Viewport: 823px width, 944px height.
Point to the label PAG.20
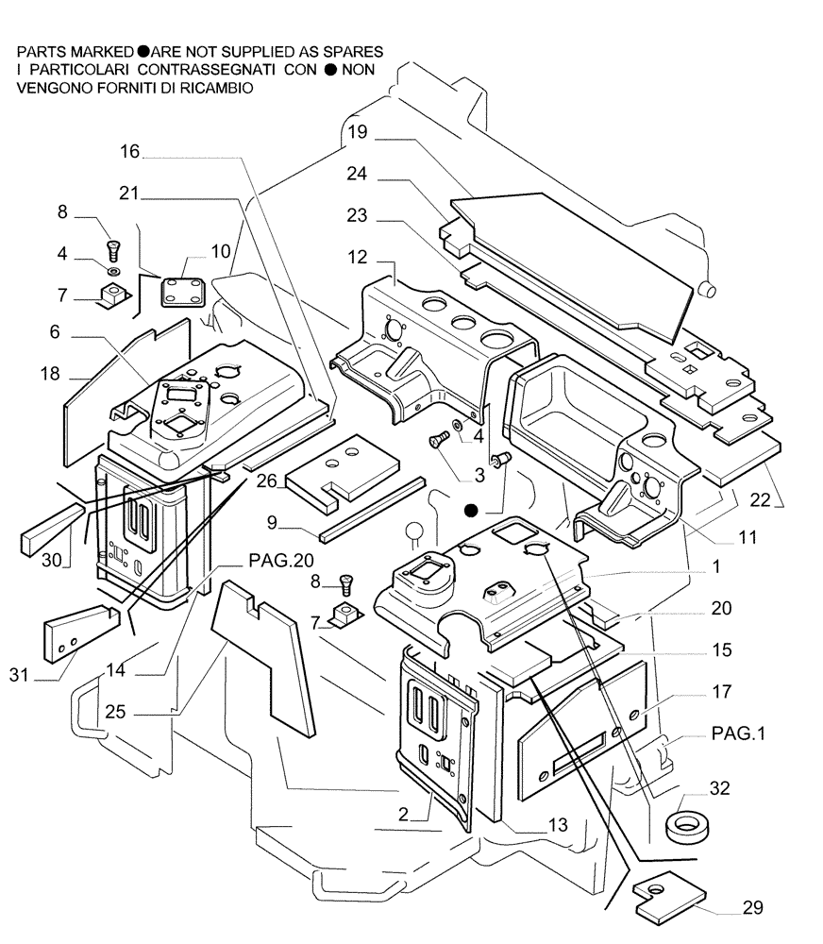click(281, 560)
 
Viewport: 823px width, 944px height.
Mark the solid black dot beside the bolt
click(471, 510)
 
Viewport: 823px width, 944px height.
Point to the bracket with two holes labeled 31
click(75, 635)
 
